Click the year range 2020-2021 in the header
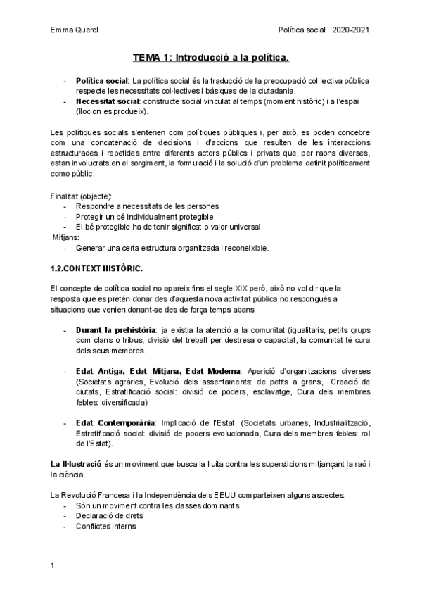[351, 30]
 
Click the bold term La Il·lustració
[76, 464]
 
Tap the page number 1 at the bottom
[52, 565]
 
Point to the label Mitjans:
[66, 237]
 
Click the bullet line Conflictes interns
[106, 527]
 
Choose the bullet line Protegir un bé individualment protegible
[144, 217]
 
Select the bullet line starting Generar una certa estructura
[172, 248]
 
